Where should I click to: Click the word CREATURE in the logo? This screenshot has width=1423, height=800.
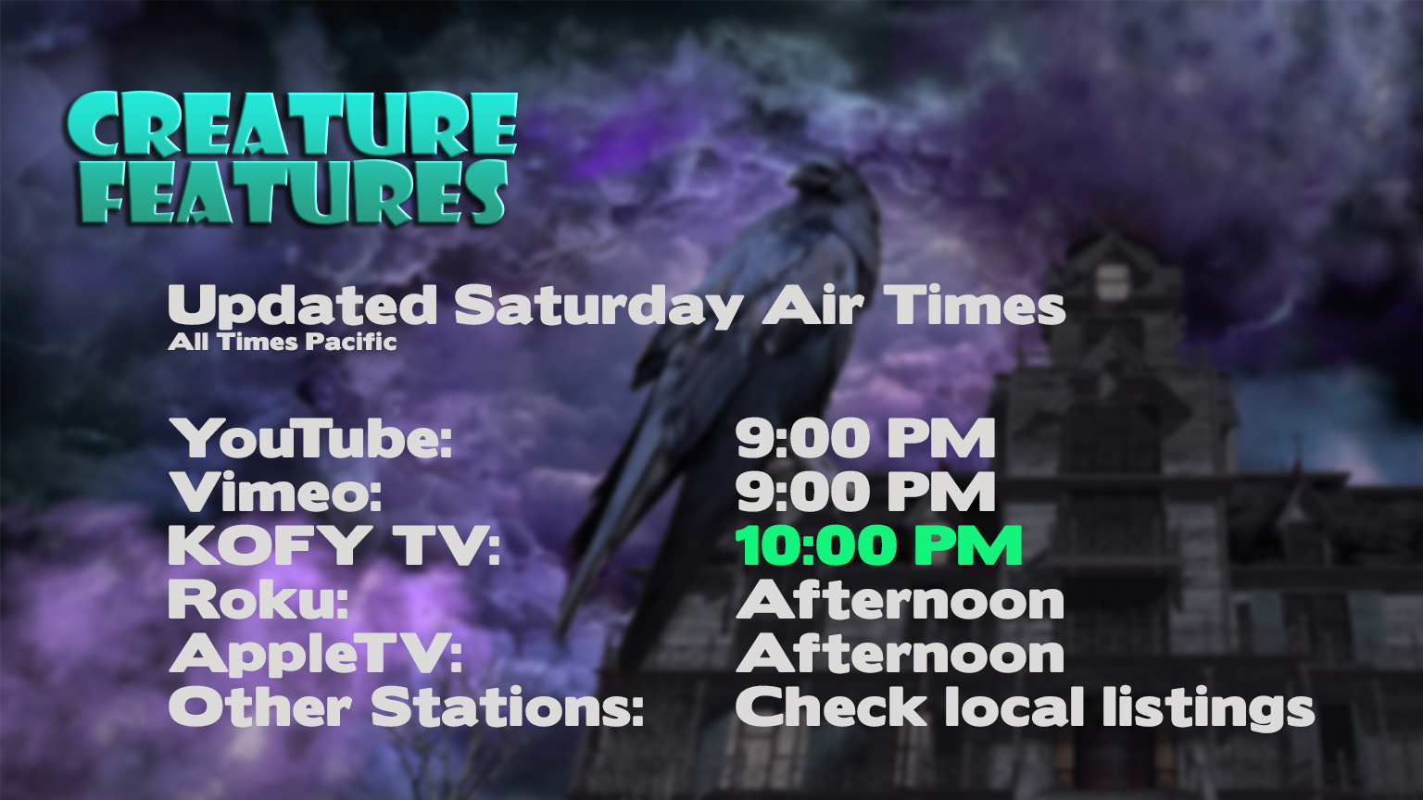(291, 124)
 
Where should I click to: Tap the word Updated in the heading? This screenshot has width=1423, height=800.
(301, 306)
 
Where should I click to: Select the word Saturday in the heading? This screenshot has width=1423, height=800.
(598, 306)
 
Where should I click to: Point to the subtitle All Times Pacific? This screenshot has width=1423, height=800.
(283, 342)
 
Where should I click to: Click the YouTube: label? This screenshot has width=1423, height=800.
(311, 439)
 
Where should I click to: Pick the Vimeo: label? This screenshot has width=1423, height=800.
(276, 493)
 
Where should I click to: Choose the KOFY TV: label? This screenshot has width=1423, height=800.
(334, 545)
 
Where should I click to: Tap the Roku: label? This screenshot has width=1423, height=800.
(258, 600)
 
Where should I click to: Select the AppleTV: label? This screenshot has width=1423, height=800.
(315, 655)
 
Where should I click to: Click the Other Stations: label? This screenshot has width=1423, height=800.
(406, 707)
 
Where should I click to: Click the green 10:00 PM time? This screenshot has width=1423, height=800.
(878, 545)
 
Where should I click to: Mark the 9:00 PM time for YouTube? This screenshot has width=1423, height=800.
(865, 439)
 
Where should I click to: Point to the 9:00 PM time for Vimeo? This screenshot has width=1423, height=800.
(865, 493)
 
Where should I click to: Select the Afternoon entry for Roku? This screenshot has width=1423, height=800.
(900, 600)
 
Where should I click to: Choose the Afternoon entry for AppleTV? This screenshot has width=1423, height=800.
(900, 655)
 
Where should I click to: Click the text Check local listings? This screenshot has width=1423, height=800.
(1025, 707)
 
